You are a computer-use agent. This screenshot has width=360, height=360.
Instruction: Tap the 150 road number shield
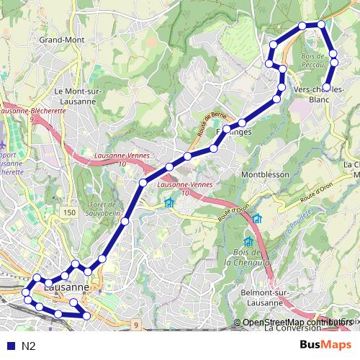[x=69, y=212]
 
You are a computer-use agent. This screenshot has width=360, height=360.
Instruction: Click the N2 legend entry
[x=29, y=346]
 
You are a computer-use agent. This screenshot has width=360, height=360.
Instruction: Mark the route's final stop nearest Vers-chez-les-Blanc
[x=327, y=87]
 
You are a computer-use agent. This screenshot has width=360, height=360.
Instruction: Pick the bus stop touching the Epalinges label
[x=228, y=130]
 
